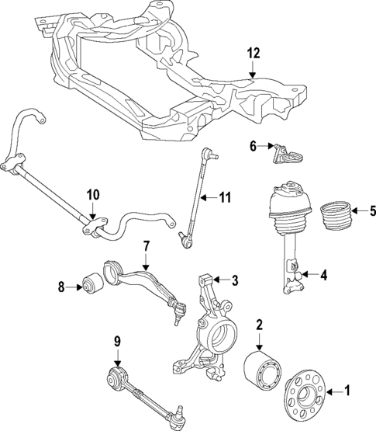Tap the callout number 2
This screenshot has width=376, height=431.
(x=260, y=325)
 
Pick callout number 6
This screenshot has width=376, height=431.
(x=253, y=145)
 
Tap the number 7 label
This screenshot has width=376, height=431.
(x=145, y=246)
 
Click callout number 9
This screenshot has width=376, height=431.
(x=117, y=339)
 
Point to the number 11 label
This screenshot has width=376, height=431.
(x=226, y=198)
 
